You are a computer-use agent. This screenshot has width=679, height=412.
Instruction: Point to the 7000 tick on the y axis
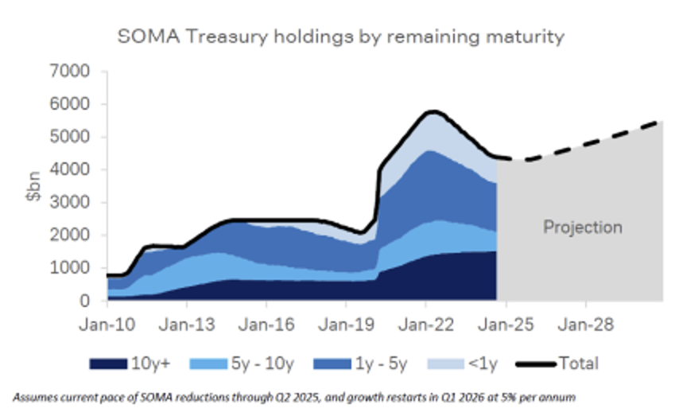tap(83, 72)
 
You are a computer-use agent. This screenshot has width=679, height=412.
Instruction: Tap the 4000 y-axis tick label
tap(83, 169)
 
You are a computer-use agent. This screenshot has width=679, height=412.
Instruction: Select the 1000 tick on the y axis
tap(83, 268)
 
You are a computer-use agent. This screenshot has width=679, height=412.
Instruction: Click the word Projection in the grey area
tap(582, 227)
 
